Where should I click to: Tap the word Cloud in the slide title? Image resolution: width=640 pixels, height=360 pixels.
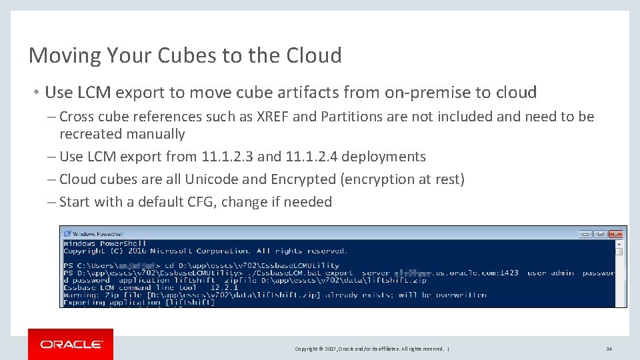tap(313, 55)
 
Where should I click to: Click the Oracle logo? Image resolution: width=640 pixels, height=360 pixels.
tap(71, 344)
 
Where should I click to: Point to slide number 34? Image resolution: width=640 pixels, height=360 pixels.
tap(609, 349)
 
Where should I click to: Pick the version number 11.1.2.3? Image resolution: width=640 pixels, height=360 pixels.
tap(227, 157)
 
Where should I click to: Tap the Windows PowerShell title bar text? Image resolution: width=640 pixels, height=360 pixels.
tap(97, 234)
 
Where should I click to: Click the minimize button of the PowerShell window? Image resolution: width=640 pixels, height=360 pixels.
tap(585, 234)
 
